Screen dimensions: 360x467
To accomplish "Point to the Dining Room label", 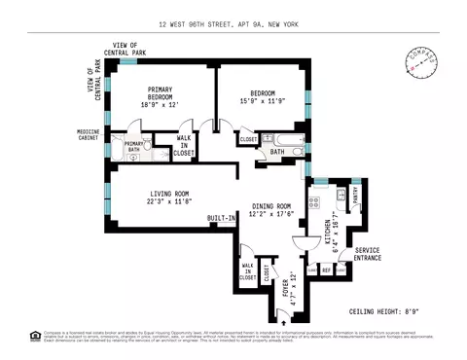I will click(x=271, y=211).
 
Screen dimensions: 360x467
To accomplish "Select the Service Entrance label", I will click(x=361, y=255).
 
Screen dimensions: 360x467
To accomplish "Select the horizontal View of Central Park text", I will click(x=134, y=50).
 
